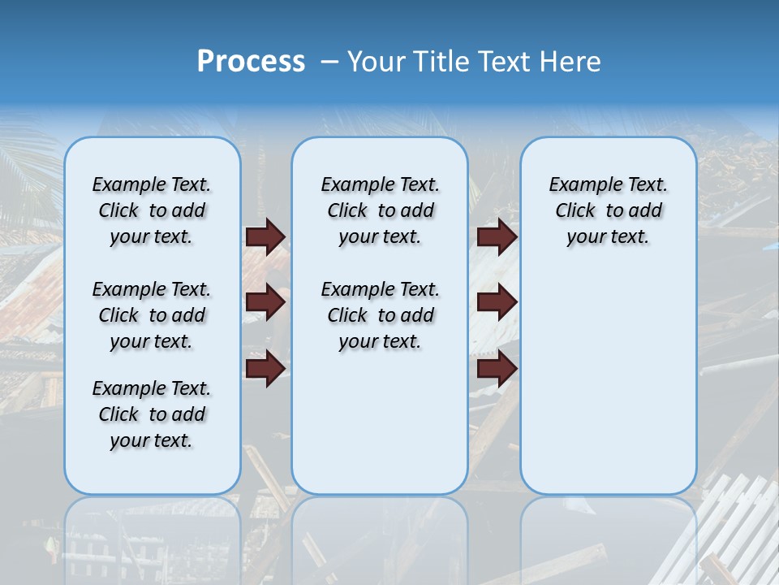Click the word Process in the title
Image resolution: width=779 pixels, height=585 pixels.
251,62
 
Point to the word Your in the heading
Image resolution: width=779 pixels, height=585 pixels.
377,62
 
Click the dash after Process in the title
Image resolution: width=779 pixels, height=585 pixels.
329,63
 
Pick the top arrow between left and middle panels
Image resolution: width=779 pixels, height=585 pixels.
265,237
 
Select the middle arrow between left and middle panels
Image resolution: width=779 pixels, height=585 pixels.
265,302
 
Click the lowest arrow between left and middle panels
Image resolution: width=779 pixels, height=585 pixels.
265,369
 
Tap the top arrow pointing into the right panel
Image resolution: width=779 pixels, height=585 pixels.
497,237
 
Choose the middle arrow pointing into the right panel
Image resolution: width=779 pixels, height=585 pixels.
497,302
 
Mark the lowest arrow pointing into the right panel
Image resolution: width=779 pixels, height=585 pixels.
497,369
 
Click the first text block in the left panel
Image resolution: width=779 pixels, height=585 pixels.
152,210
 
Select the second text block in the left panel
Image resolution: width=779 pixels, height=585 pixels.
152,315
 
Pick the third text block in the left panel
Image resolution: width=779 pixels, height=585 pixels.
152,414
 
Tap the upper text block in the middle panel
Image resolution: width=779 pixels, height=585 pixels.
380,210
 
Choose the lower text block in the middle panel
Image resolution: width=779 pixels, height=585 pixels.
380,315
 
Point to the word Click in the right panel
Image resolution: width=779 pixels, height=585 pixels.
575,211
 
